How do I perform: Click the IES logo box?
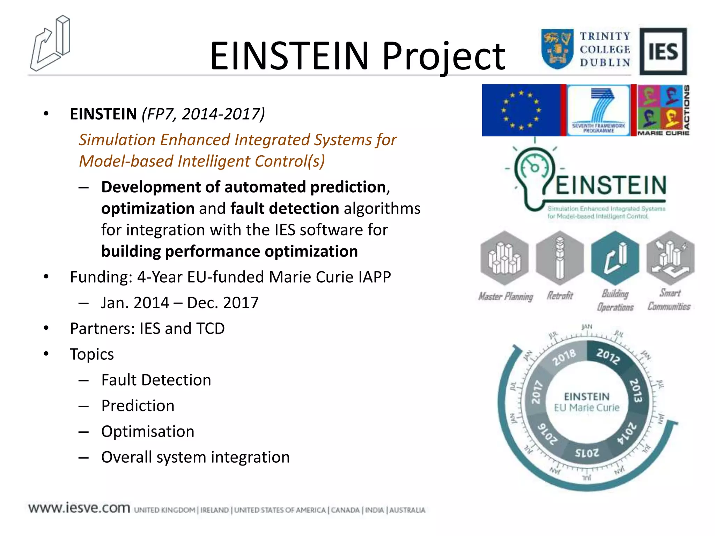point(663,51)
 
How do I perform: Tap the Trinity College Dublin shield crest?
point(557,49)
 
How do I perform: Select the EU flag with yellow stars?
point(521,110)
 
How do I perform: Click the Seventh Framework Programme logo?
point(598,110)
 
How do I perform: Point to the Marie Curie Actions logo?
point(663,110)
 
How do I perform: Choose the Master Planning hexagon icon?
point(504,258)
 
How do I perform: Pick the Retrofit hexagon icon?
point(560,258)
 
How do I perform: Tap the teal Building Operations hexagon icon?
point(615,258)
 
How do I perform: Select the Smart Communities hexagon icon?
point(670,258)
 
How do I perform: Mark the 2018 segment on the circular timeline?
point(564,357)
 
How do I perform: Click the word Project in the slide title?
point(443,56)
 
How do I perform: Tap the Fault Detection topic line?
point(156,380)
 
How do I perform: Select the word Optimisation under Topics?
point(148,432)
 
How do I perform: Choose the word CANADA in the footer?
point(345,510)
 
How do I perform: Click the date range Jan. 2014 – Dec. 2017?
point(179,303)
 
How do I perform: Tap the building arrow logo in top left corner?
point(51,44)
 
